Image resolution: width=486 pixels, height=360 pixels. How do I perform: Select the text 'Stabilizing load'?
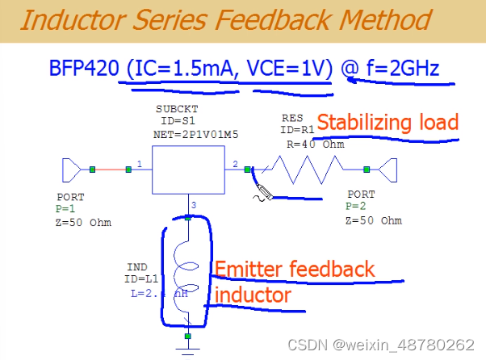click(x=388, y=123)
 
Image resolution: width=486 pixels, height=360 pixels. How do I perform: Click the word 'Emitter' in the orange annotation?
click(x=251, y=270)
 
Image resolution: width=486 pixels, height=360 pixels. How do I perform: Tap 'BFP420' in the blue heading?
click(x=81, y=69)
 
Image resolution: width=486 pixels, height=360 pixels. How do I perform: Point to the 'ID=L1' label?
click(x=146, y=278)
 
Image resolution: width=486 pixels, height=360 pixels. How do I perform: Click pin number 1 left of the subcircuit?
click(x=139, y=164)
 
